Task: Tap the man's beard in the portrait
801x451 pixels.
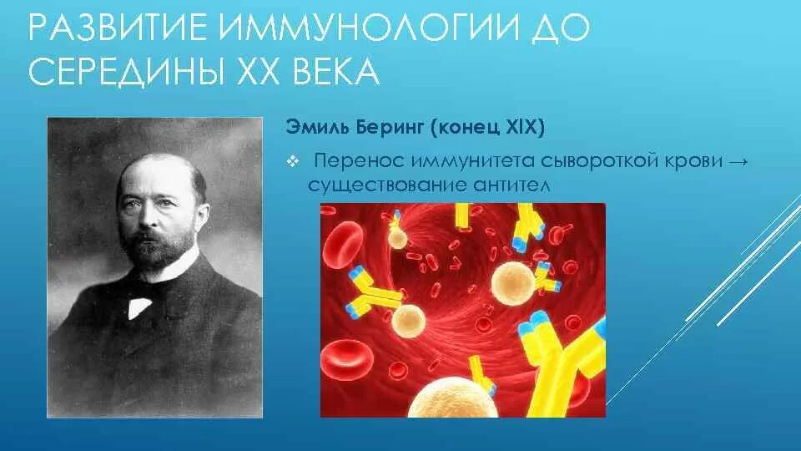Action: [159, 251]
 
